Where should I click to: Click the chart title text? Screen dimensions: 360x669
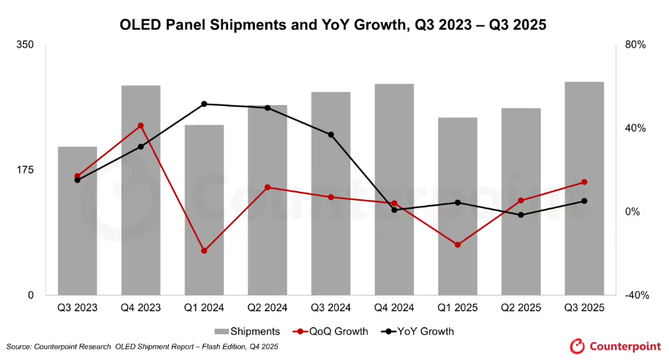[x=333, y=24]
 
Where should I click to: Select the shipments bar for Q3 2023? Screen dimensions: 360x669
[x=78, y=222]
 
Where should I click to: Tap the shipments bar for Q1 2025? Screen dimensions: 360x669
[x=457, y=207]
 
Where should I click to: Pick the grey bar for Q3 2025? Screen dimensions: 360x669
[x=584, y=189]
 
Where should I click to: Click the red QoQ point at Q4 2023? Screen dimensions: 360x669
[x=141, y=126]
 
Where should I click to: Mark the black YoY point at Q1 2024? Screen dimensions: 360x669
[x=204, y=104]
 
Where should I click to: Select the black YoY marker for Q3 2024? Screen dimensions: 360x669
[x=330, y=135]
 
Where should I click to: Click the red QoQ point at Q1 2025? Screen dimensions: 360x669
[x=457, y=244]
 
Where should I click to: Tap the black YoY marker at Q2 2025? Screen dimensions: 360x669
[x=521, y=215]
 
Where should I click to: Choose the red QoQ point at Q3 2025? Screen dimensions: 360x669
[x=584, y=182]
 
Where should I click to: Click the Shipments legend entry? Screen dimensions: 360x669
[x=247, y=331]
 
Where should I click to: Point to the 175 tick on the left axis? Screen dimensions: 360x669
[x=25, y=170]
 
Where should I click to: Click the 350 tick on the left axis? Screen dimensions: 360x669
[x=25, y=44]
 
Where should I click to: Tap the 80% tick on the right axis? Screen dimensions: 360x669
[x=636, y=44]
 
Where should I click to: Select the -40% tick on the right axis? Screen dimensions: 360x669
[x=636, y=295]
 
